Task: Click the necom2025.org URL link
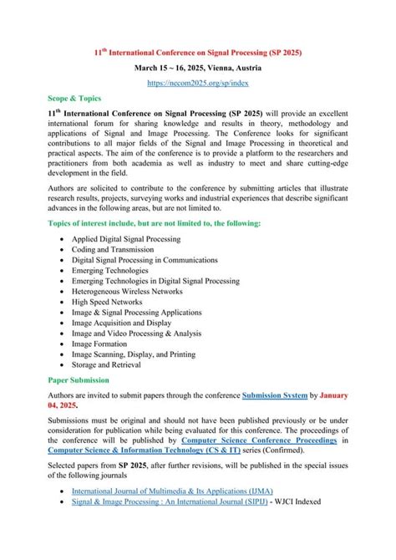tap(197, 84)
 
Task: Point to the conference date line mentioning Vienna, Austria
tap(197, 67)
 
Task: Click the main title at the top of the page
tap(197, 52)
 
